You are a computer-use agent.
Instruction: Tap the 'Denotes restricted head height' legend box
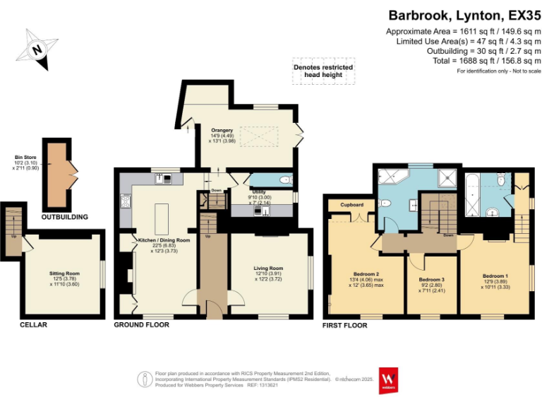tap(323, 72)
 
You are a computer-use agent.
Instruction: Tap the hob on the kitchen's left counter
tap(126, 202)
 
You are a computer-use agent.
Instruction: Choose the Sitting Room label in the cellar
tap(64, 273)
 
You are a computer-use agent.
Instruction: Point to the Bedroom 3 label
tap(431, 280)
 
